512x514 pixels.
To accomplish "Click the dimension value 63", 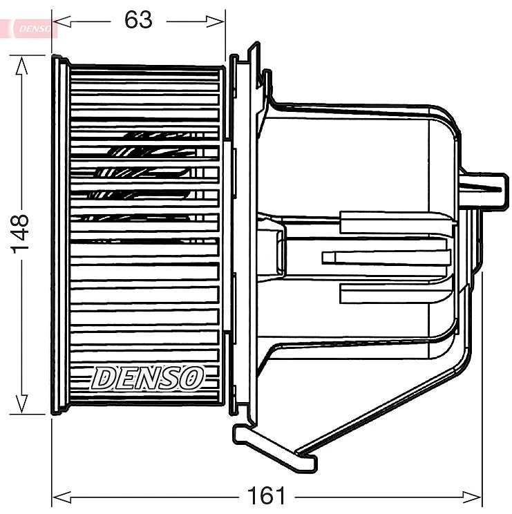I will click(x=138, y=20).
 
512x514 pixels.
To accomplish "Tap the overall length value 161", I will click(x=266, y=495).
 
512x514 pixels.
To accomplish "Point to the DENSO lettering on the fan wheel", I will click(x=148, y=377).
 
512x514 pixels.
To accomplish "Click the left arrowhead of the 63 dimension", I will click(x=58, y=21).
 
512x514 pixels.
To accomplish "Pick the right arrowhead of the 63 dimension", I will click(x=220, y=21).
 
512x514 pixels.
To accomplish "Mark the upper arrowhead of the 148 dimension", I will click(x=21, y=64).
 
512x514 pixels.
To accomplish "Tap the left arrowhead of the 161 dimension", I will click(x=59, y=496).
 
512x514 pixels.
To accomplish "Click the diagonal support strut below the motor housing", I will click(x=387, y=408).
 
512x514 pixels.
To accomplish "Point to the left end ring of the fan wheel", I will click(x=61, y=235).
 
